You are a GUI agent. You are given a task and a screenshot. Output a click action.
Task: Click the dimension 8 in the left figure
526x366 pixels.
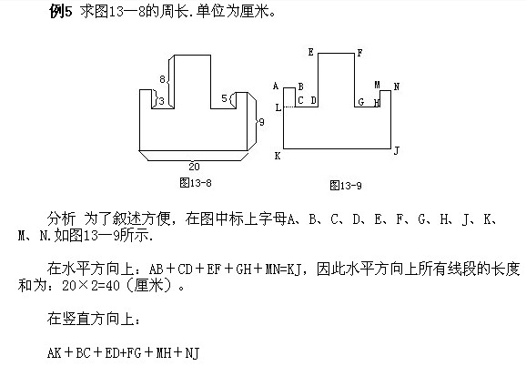[163, 80]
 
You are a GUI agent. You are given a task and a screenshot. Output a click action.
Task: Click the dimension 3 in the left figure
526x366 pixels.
[161, 101]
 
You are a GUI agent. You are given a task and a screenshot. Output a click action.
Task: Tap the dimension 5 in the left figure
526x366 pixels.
[224, 97]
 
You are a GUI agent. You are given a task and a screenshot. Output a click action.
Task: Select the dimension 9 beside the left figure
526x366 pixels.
[261, 121]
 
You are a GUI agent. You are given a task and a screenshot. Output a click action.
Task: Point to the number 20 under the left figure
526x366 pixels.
[194, 166]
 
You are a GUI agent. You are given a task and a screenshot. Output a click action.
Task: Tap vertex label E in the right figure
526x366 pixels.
[310, 53]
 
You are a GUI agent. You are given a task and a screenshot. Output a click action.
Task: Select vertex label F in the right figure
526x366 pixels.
[359, 53]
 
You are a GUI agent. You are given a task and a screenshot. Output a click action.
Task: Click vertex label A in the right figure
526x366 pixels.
[276, 86]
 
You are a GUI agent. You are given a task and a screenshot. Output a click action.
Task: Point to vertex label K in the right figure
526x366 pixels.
[278, 156]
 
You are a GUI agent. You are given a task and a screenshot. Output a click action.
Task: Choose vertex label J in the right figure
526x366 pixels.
[396, 150]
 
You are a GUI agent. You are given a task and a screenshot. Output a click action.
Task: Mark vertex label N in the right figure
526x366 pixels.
[396, 86]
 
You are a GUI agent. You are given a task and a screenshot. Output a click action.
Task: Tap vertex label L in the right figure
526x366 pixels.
[278, 108]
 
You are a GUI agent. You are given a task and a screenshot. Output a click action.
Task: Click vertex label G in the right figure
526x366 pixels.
[360, 102]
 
